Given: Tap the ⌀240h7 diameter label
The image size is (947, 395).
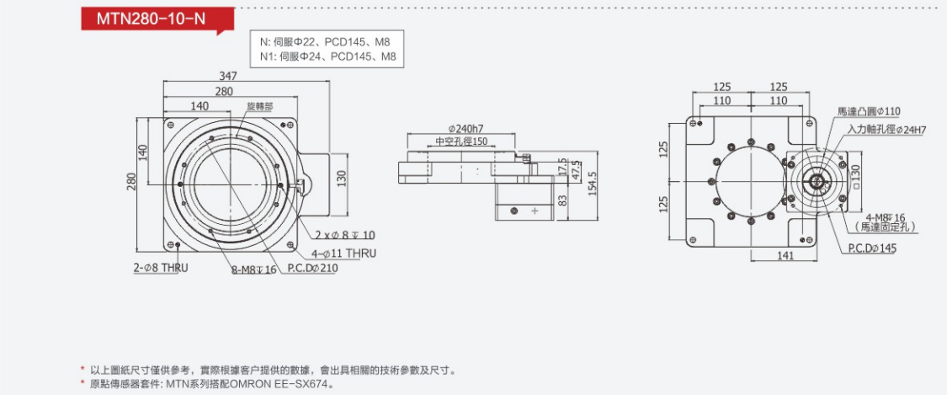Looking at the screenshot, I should pos(471,129).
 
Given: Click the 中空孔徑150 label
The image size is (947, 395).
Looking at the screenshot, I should pos(461,141).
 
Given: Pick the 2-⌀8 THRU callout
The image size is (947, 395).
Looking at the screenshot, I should pos(161,268).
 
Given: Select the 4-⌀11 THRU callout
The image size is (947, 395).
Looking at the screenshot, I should pos(344,253).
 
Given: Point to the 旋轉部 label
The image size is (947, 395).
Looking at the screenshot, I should pos(259,107).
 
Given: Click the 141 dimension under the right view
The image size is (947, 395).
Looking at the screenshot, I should pos(784,255).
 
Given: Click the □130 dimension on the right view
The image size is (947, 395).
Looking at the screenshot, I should pos(854,177).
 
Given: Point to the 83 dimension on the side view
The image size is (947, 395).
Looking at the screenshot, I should pos(561,200).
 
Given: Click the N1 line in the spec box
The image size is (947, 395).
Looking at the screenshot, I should pos(327,56).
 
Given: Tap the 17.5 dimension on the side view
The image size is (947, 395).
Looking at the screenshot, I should pos(562,168).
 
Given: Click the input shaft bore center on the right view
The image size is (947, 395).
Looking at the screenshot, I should pos(815,181).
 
